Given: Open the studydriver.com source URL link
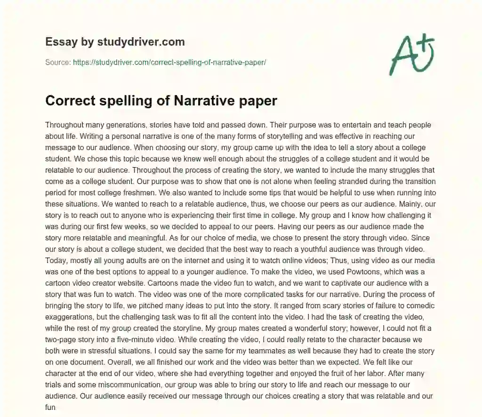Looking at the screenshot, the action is [x=169, y=62].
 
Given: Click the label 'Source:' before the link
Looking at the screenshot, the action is [x=58, y=62].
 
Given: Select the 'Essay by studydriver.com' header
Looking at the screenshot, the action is [x=115, y=42].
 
